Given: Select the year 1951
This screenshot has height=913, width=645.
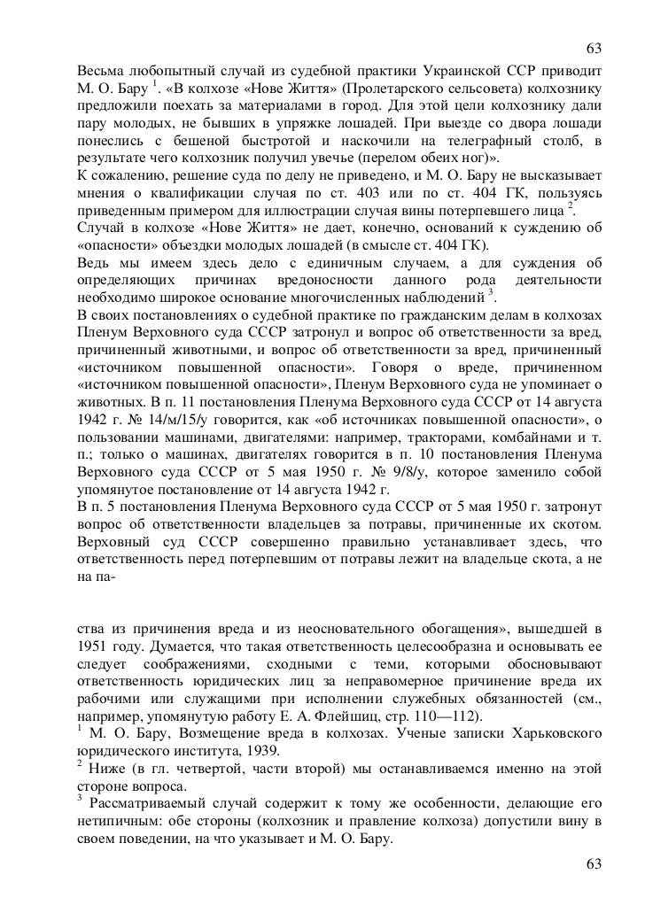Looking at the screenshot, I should click(x=92, y=648).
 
